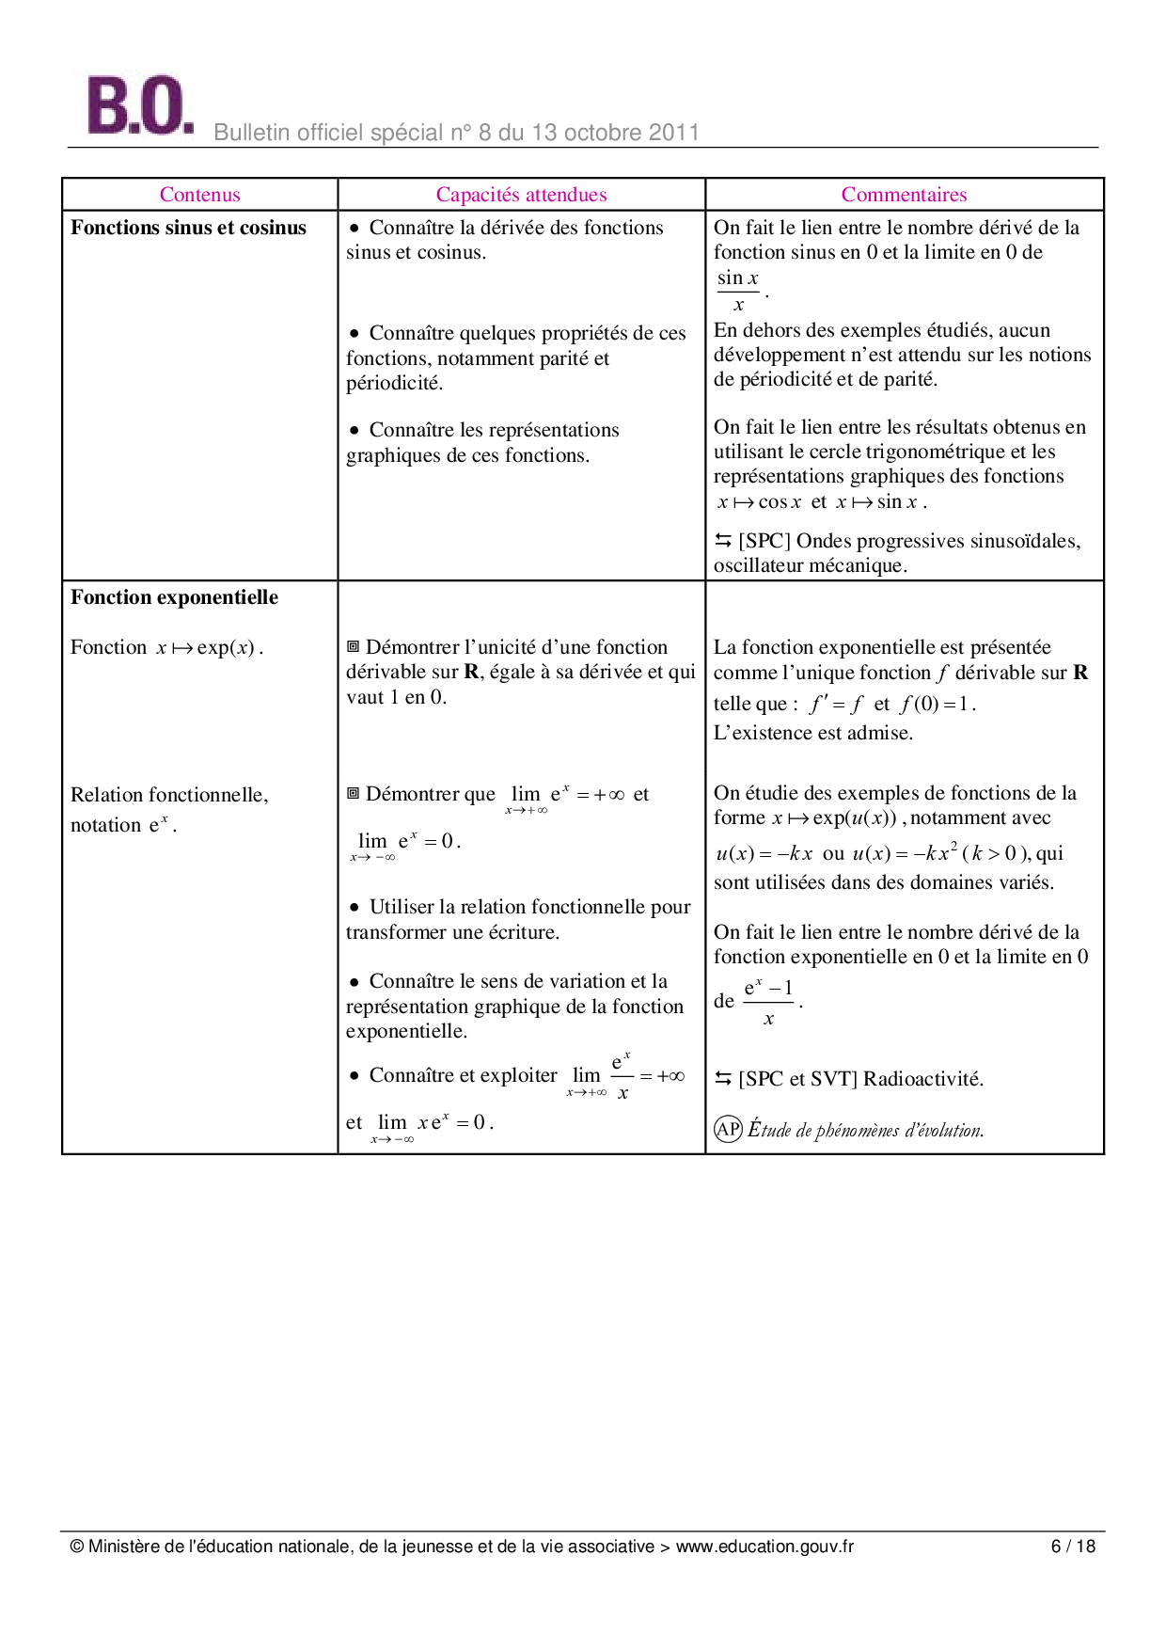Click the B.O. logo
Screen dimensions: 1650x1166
[139, 105]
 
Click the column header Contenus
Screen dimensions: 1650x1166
[199, 195]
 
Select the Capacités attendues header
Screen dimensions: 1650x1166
[521, 195]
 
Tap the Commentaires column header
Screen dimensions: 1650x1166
[904, 195]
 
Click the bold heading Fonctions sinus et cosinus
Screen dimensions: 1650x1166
[188, 228]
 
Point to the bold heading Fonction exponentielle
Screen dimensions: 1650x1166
[174, 597]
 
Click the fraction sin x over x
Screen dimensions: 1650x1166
[738, 291]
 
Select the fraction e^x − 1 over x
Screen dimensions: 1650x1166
[769, 1002]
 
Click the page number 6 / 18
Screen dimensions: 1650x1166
[1073, 1547]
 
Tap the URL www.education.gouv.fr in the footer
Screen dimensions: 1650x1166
[764, 1547]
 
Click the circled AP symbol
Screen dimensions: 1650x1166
[728, 1129]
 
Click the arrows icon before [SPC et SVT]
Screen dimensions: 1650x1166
[723, 1078]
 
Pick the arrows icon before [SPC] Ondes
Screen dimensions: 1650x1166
[723, 540]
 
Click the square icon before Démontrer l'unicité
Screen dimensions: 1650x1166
[354, 646]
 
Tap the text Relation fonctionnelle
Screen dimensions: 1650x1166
[169, 795]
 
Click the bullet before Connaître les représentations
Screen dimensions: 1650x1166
[355, 431]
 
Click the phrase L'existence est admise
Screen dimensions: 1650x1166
[813, 733]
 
